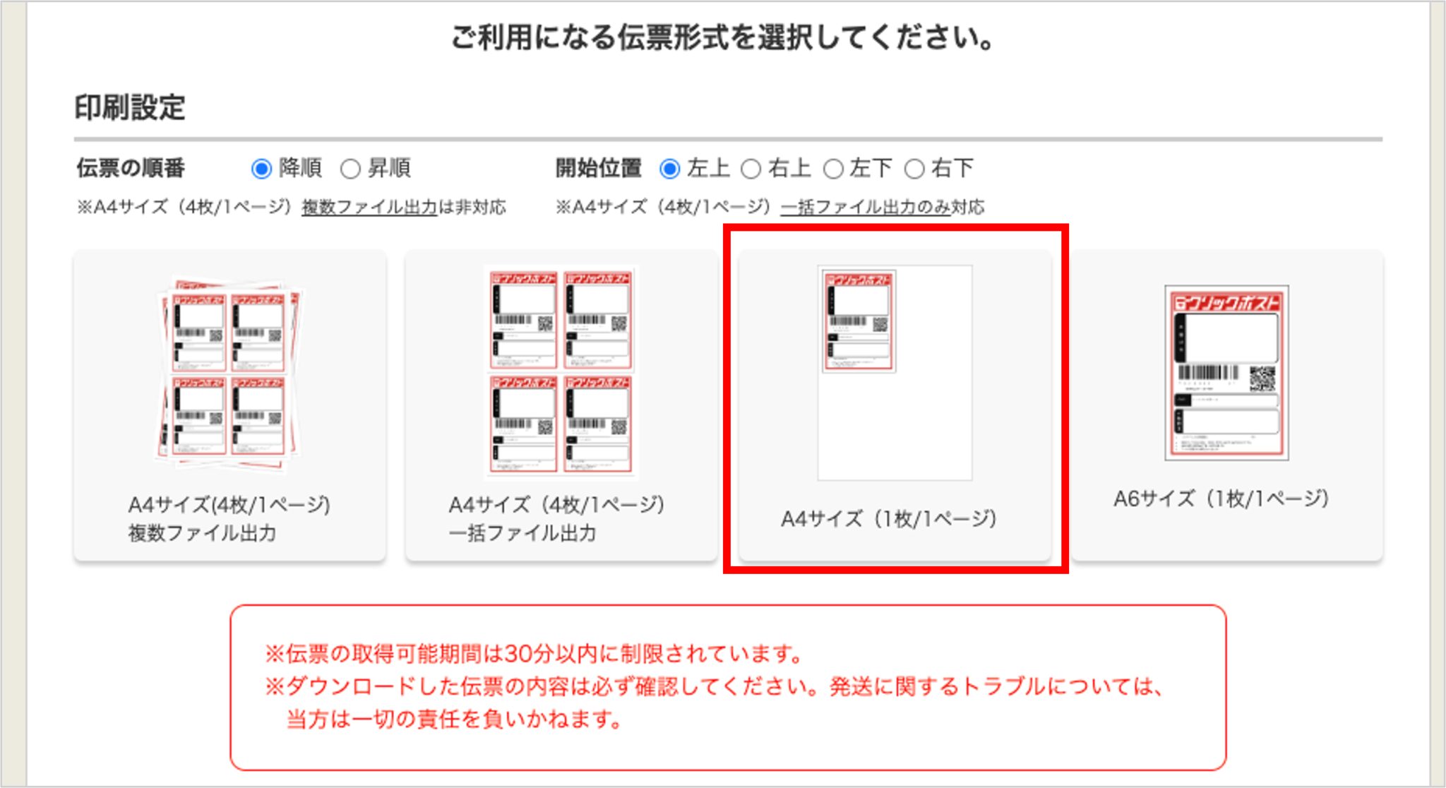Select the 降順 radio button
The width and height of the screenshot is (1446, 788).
click(x=261, y=169)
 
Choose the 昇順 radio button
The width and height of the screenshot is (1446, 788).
click(x=350, y=169)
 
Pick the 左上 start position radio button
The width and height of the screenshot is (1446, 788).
click(x=669, y=169)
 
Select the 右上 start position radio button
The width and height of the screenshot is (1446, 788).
click(x=751, y=169)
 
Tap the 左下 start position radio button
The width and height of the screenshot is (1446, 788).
click(x=833, y=169)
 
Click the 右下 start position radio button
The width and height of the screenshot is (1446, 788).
click(x=914, y=169)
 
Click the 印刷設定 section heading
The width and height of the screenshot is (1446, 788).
click(x=130, y=108)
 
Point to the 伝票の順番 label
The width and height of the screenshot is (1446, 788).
click(x=131, y=168)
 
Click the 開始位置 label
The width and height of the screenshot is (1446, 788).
click(x=598, y=168)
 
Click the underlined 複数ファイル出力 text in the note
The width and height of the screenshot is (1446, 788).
click(x=369, y=207)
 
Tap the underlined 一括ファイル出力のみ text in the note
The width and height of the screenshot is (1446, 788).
click(x=865, y=207)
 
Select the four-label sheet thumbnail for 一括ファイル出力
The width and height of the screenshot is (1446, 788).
click(x=561, y=371)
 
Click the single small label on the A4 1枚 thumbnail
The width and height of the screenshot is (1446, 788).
click(x=859, y=321)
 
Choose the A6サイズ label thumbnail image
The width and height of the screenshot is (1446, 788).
click(x=1226, y=373)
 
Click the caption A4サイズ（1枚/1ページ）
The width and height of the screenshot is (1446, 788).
click(x=889, y=519)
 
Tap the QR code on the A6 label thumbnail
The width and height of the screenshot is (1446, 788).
click(x=1262, y=378)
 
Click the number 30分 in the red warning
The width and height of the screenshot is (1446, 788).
click(x=529, y=654)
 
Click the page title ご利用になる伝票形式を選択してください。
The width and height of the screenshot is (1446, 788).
click(x=723, y=37)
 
